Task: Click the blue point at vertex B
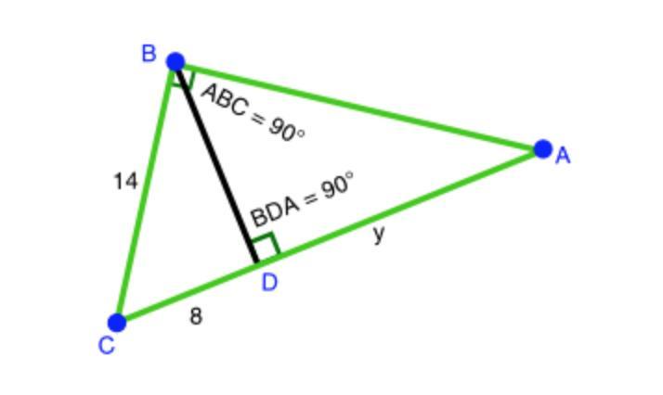pyautogui.click(x=175, y=62)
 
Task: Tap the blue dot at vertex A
pyautogui.click(x=543, y=148)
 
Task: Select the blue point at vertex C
pyautogui.click(x=117, y=322)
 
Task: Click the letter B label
pyautogui.click(x=149, y=54)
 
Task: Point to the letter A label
pyautogui.click(x=563, y=157)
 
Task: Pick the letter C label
pyautogui.click(x=107, y=347)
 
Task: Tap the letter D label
pyautogui.click(x=269, y=283)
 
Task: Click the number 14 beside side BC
pyautogui.click(x=125, y=182)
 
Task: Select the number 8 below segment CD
pyautogui.click(x=196, y=316)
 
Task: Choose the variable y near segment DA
pyautogui.click(x=379, y=234)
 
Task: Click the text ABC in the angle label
pyautogui.click(x=224, y=100)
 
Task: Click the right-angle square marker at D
pyautogui.click(x=266, y=248)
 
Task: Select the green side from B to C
pyautogui.click(x=146, y=193)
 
